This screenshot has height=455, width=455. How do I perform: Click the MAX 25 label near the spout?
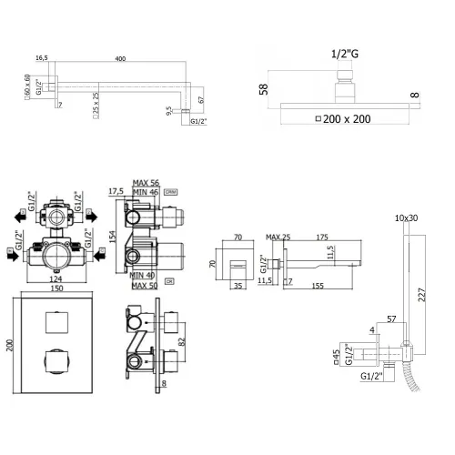[x=278, y=238]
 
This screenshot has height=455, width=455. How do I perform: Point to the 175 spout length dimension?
[x=321, y=238]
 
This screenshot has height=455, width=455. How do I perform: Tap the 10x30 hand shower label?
[x=407, y=218]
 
